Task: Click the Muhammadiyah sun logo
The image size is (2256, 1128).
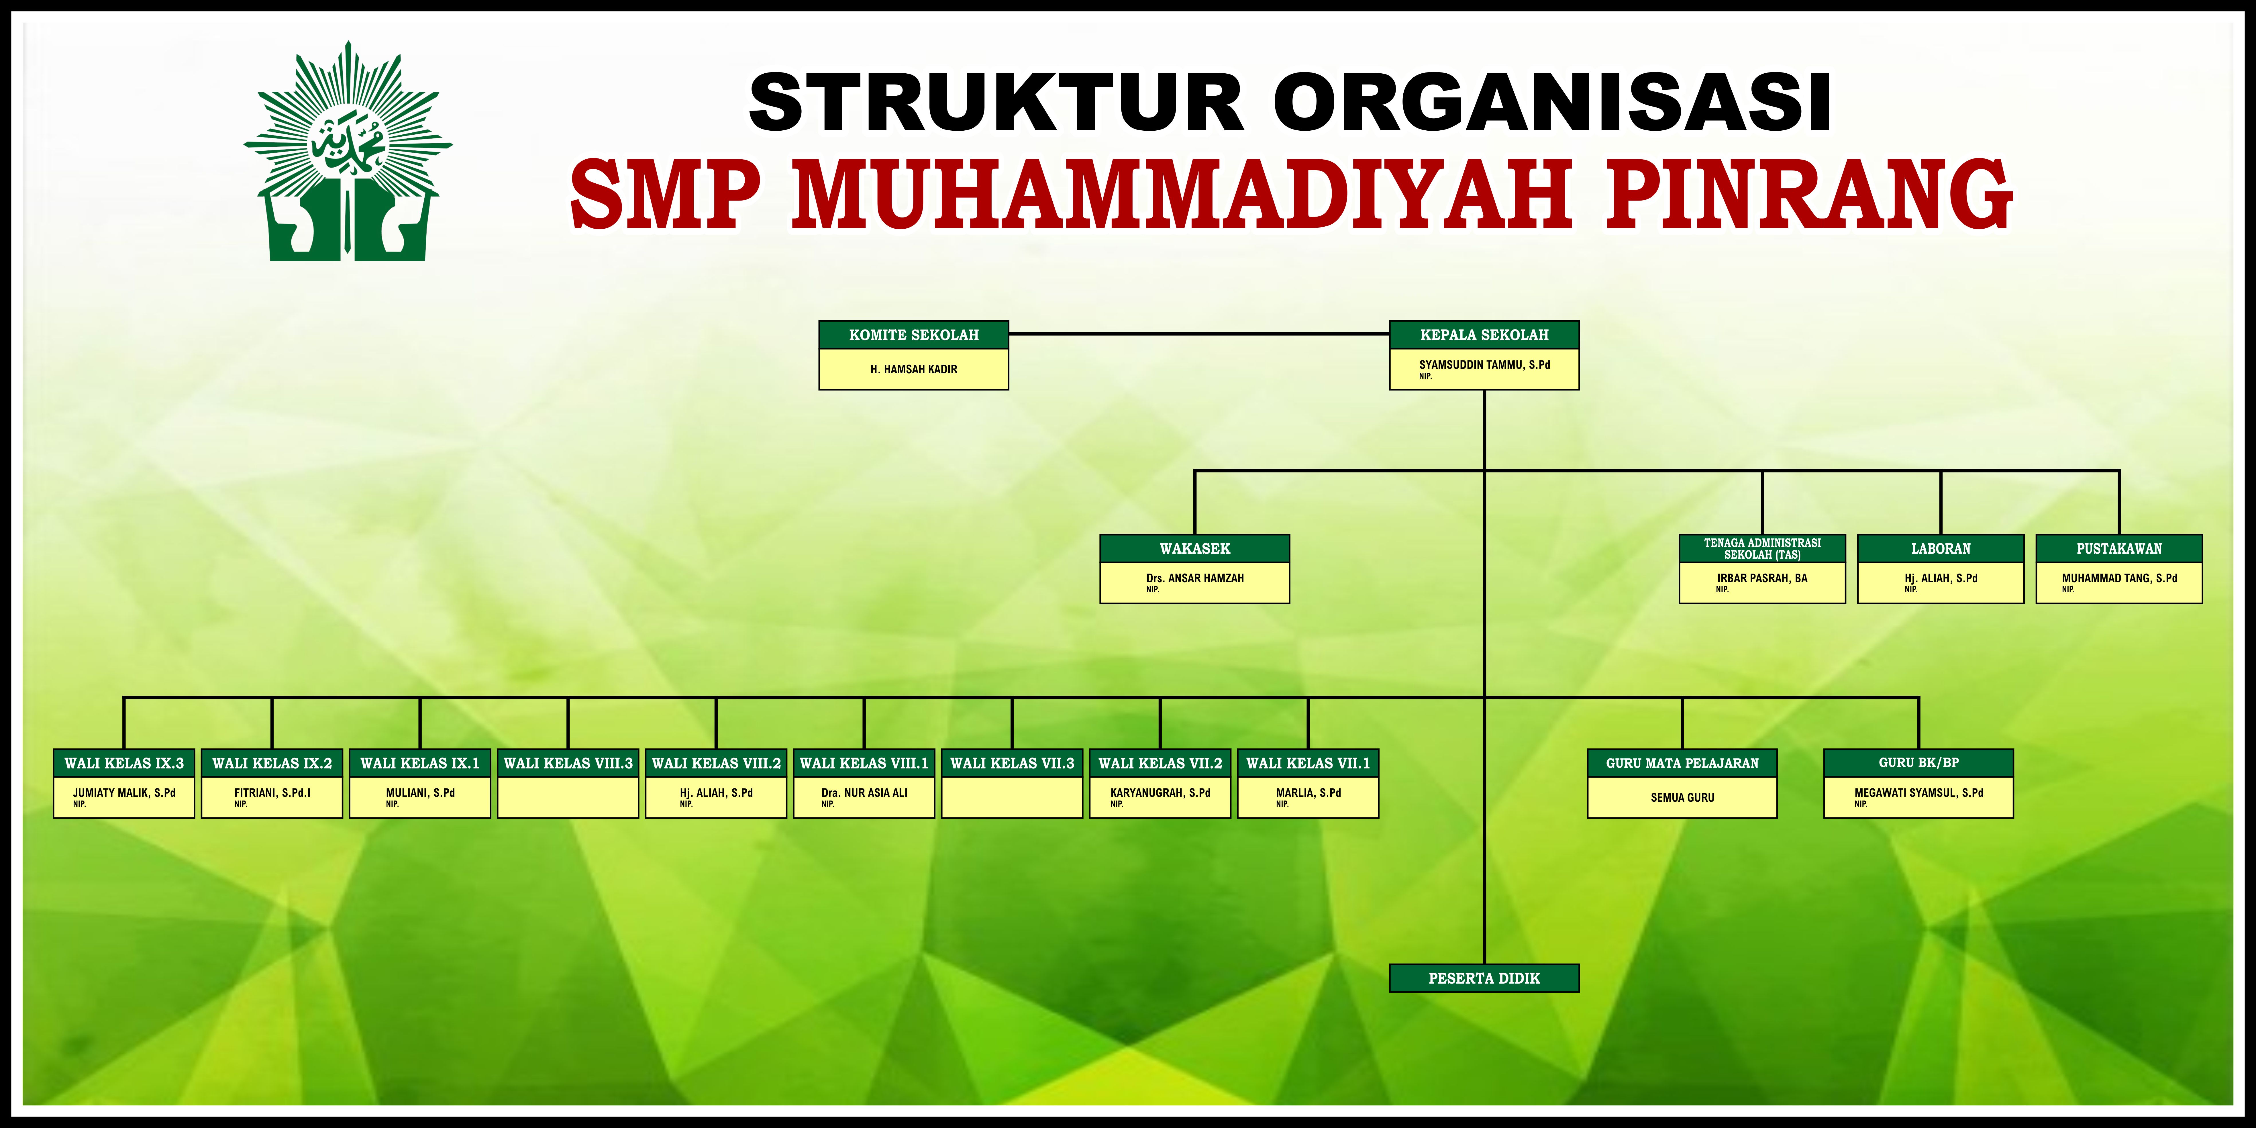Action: tap(348, 151)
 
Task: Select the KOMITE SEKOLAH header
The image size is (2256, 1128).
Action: tap(913, 335)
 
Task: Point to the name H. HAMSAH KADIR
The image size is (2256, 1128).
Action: tap(913, 370)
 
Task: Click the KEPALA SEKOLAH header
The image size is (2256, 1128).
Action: tap(1484, 335)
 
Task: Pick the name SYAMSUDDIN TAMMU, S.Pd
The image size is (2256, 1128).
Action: tap(1484, 364)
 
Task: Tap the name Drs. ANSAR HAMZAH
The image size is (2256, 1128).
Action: tap(1194, 578)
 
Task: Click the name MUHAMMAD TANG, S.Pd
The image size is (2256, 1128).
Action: tap(2119, 578)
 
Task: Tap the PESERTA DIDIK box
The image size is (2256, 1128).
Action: tap(1484, 978)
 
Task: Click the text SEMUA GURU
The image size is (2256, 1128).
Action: tap(1682, 798)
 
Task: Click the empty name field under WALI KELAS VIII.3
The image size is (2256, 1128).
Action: tap(568, 797)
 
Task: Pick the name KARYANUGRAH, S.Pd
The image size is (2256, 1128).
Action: tap(1160, 792)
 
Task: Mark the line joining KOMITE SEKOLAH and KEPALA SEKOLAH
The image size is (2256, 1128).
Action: tap(1199, 334)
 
